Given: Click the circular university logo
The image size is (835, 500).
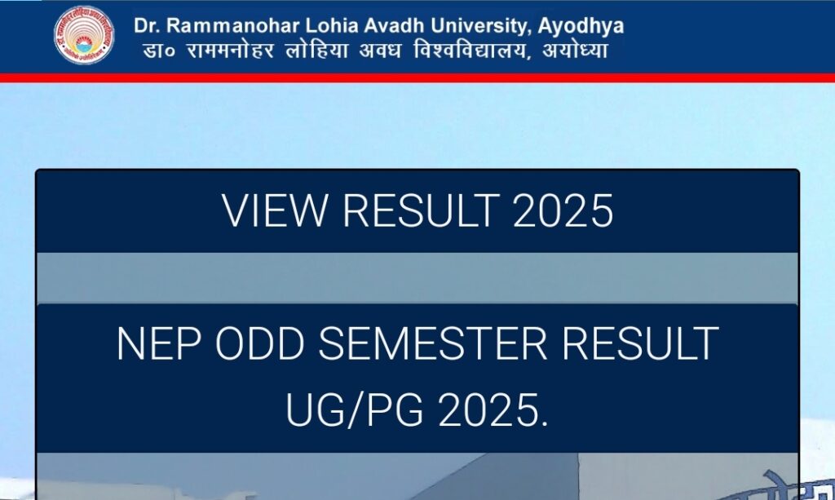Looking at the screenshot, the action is point(84,35).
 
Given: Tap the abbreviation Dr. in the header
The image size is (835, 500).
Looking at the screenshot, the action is point(148,25).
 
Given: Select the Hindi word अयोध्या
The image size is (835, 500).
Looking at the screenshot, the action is point(575,51).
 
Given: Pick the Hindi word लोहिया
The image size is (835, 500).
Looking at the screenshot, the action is point(317,51).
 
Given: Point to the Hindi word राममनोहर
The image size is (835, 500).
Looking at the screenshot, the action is point(231,51).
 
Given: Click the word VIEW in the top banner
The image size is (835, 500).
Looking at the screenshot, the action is point(274,210).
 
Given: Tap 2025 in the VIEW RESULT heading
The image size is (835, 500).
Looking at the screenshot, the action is point(563,210).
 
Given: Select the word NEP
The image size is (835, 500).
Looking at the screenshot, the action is point(159,344).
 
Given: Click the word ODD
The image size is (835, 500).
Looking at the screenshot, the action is point(259,344).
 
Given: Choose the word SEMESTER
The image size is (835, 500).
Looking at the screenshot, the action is point(432,344).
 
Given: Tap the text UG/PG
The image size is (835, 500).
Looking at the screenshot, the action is point(355,409).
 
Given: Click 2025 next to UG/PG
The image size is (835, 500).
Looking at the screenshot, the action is point(493,409).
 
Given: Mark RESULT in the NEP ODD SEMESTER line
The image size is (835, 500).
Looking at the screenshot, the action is point(640,344).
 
